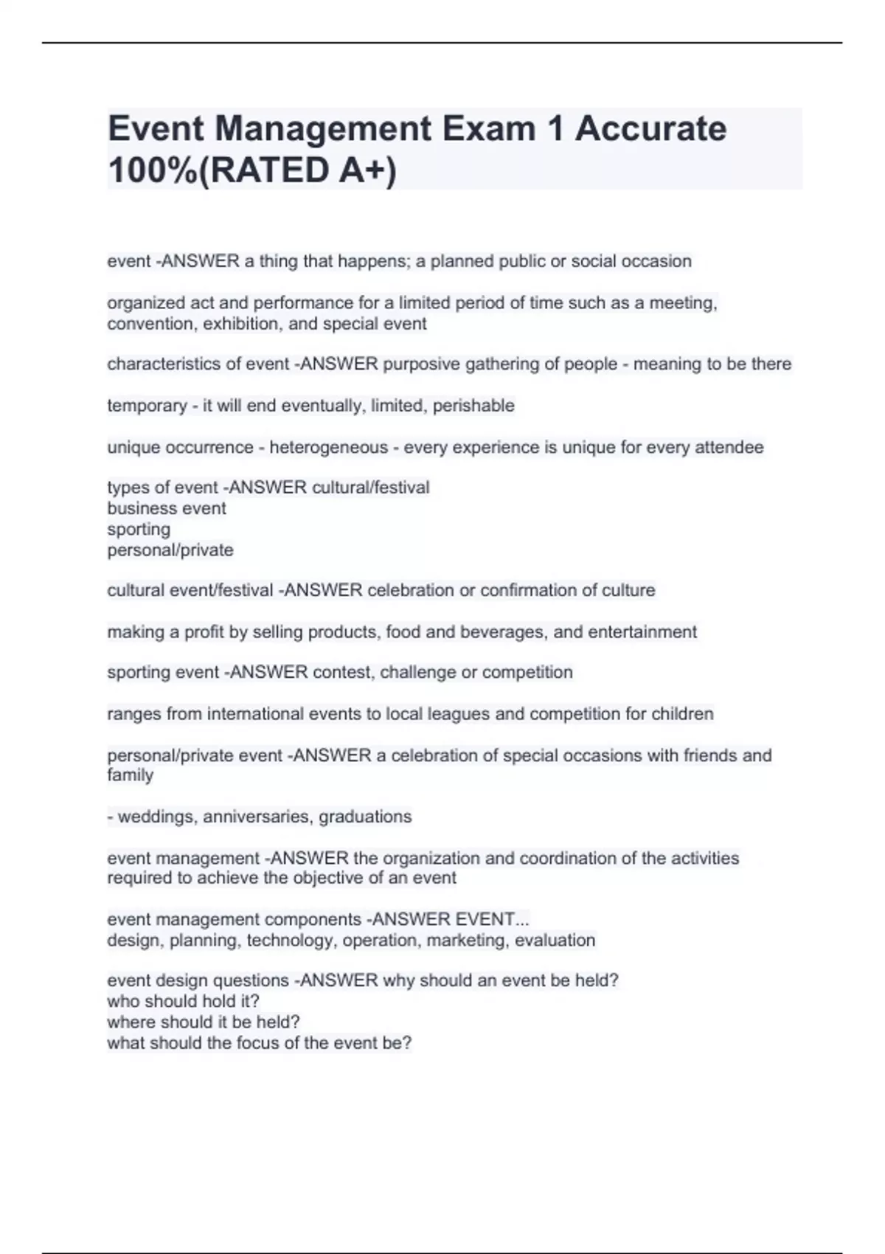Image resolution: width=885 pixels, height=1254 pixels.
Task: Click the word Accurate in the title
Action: click(650, 128)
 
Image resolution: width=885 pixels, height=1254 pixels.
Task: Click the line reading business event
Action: click(167, 508)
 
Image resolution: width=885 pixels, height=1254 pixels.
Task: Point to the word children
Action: click(682, 714)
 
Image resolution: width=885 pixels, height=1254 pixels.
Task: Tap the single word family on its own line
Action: click(131, 775)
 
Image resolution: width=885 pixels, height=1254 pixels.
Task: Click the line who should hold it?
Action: click(183, 1002)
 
